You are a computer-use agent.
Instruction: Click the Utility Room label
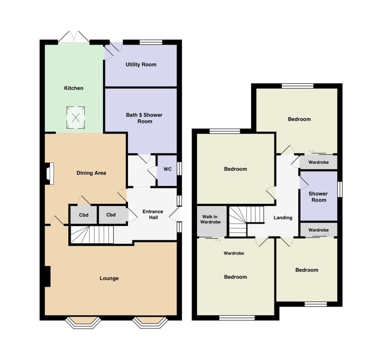(x=141, y=65)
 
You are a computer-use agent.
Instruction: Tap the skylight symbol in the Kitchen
(x=76, y=118)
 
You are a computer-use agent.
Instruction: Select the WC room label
(x=167, y=169)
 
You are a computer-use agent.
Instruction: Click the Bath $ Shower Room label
(x=144, y=118)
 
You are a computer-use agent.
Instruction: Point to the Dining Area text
(x=91, y=173)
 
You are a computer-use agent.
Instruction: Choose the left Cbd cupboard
(x=84, y=215)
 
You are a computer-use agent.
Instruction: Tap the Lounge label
(x=109, y=278)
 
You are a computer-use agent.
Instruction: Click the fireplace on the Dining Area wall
(x=49, y=173)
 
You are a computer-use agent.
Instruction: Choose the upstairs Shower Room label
(x=318, y=197)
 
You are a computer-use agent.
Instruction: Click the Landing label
(x=283, y=218)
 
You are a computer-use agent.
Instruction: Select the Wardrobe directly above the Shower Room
(x=319, y=162)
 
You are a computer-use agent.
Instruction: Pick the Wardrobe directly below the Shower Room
(x=319, y=230)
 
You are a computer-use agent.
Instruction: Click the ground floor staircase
(x=93, y=235)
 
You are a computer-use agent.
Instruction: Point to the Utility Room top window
(x=151, y=42)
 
